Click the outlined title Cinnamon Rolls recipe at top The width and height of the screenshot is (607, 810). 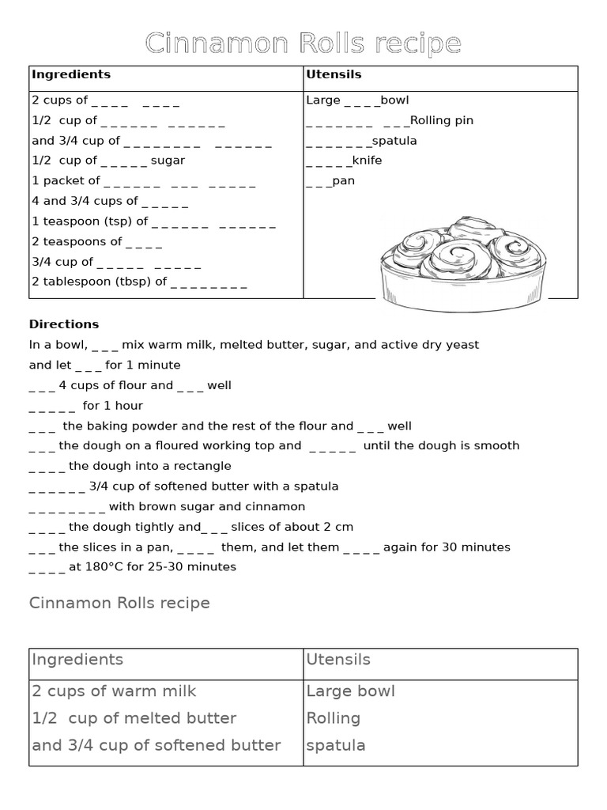click(x=303, y=44)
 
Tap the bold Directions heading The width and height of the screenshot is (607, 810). click(x=64, y=324)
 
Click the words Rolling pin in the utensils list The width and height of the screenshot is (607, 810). click(x=442, y=120)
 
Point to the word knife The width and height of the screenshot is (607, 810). click(x=368, y=161)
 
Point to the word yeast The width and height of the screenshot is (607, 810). click(x=462, y=345)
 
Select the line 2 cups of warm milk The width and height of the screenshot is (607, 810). click(x=114, y=691)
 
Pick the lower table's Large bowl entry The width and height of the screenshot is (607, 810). click(x=350, y=691)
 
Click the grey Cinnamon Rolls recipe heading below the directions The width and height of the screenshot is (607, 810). click(x=119, y=604)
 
